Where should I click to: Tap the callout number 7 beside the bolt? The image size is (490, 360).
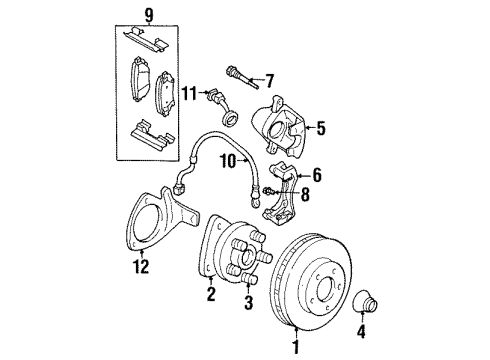pos(267,78)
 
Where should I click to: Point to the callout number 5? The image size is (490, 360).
pos(321,127)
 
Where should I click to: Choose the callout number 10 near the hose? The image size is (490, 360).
pos(227,159)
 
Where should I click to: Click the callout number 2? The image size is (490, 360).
pos(211,294)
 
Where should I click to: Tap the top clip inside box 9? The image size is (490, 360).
pos(146,38)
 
